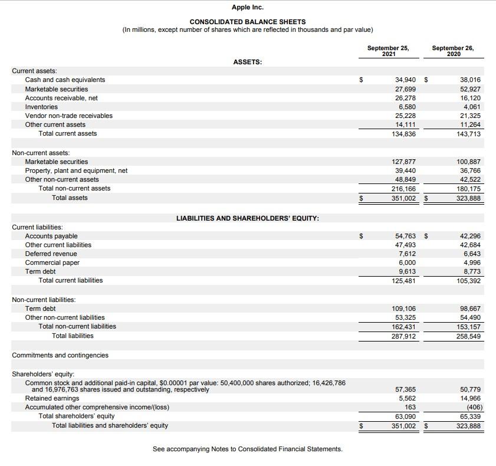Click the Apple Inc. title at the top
(248, 7)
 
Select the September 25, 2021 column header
(388, 51)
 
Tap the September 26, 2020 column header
(453, 51)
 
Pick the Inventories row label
(41, 107)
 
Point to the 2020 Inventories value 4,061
(470, 107)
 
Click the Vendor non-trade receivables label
(68, 116)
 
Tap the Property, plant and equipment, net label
(76, 170)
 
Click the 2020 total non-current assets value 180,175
(469, 189)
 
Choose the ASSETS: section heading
(248, 61)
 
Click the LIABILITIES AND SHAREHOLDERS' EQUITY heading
(248, 218)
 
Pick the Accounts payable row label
(51, 236)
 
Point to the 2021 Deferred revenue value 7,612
(407, 254)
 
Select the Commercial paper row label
(52, 262)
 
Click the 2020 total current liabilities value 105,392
(469, 281)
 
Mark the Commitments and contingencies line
(60, 355)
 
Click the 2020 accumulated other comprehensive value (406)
(472, 407)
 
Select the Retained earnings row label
(52, 398)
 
